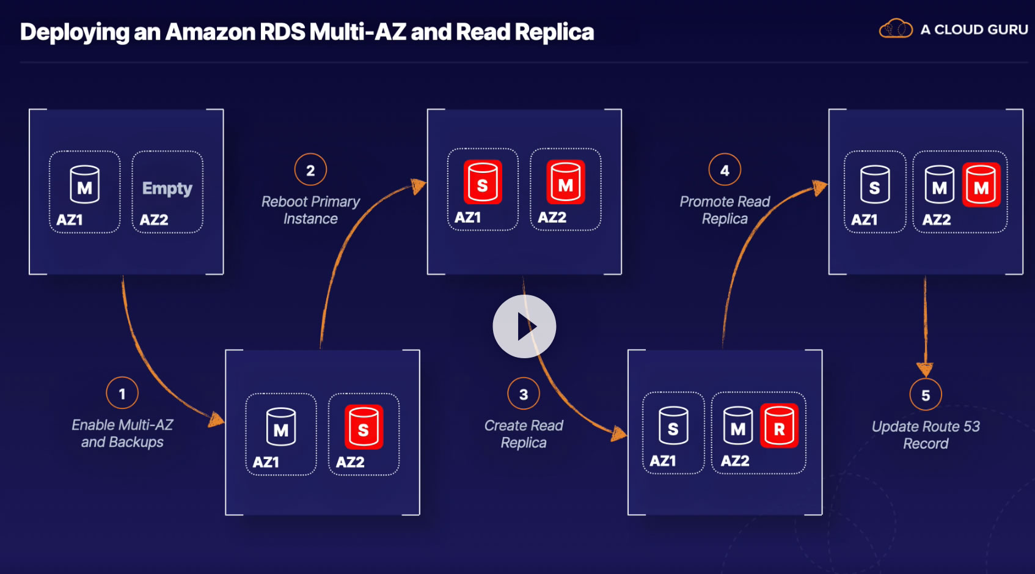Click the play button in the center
[524, 326]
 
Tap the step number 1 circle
[122, 393]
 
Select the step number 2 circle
[310, 170]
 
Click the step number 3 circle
[524, 394]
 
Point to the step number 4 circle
[725, 170]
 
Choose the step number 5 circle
[926, 395]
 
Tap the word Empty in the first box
[167, 188]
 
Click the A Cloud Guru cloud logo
[895, 29]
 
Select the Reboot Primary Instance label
[310, 210]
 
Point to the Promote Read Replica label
[725, 210]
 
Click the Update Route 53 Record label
[926, 435]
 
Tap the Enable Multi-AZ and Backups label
[122, 433]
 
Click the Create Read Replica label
[524, 433]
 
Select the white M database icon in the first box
[84, 185]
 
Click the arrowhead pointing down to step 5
[925, 369]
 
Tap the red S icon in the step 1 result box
[364, 427]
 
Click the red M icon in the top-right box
[981, 185]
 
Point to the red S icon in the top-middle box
[483, 182]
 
